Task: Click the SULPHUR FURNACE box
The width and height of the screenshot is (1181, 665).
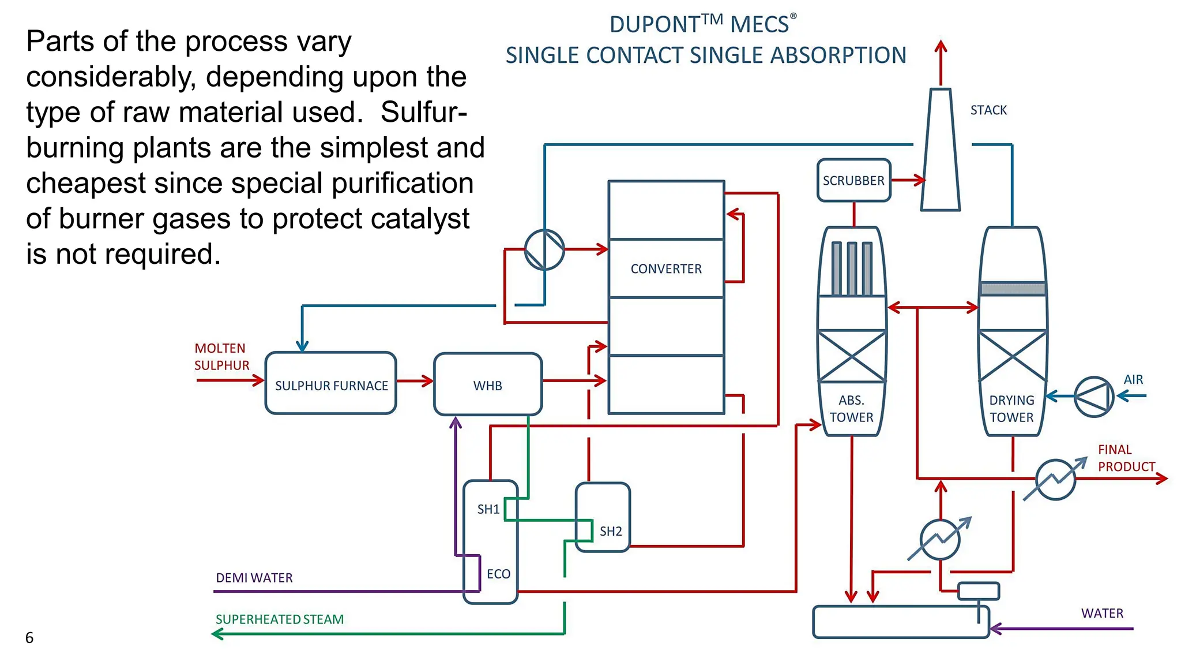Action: (331, 384)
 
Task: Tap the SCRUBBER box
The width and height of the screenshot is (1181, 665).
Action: (853, 181)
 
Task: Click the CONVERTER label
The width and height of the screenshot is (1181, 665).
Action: (666, 269)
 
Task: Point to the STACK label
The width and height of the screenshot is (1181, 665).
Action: (988, 110)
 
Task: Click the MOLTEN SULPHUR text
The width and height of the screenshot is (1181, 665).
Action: (221, 357)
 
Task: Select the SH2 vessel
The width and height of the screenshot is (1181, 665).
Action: (603, 517)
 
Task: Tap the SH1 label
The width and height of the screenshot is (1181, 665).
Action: (488, 509)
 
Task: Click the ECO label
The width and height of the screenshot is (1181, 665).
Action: (498, 574)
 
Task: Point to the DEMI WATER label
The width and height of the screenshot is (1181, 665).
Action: (254, 578)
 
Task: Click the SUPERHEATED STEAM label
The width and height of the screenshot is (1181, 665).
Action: (280, 619)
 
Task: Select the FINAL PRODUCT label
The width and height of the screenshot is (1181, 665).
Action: (1126, 458)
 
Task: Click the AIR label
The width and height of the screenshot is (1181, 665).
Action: (1133, 380)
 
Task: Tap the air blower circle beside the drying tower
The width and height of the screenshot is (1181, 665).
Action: (1094, 397)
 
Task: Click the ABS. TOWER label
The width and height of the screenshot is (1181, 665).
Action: (851, 409)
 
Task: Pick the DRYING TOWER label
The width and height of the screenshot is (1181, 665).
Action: (1011, 409)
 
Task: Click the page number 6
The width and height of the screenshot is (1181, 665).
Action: (29, 638)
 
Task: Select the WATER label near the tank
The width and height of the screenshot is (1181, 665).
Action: (1102, 613)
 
